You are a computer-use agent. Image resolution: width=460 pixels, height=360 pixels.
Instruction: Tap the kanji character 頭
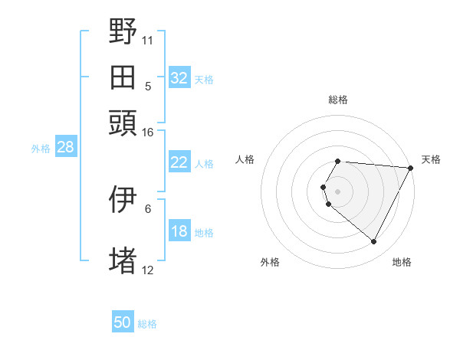(123, 123)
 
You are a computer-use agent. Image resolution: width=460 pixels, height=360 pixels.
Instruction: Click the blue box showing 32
(179, 78)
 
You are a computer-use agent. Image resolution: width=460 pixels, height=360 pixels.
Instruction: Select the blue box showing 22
(179, 162)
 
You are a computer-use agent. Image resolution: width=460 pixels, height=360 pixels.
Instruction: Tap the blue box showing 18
(179, 232)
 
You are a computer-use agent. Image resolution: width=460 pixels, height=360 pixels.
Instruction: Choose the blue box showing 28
(65, 148)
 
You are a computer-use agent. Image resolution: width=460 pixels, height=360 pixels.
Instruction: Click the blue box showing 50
(123, 322)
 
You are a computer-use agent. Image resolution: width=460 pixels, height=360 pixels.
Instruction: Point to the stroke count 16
(147, 133)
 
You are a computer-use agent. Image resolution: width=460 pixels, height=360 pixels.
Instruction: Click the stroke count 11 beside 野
(147, 39)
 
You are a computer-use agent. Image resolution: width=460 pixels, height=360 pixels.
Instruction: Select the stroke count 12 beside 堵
(147, 270)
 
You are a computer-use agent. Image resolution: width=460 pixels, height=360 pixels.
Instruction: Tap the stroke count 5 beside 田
(148, 86)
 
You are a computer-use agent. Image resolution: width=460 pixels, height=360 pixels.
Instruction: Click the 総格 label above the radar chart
(338, 100)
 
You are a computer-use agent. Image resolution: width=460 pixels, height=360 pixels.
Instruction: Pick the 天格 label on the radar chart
(431, 159)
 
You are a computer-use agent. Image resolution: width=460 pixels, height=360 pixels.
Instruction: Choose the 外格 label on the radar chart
(270, 262)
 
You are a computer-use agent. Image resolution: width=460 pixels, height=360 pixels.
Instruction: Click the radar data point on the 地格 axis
(374, 242)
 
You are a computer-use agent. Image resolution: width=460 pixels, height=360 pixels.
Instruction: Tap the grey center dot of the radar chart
(338, 191)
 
